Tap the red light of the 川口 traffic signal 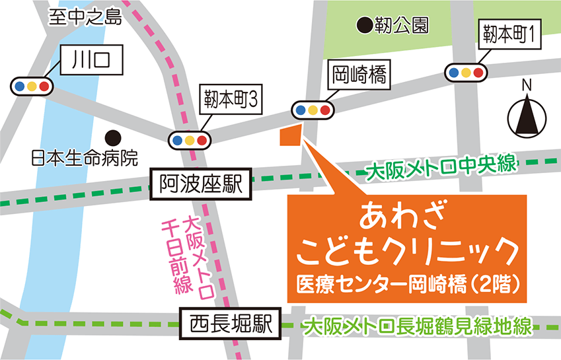pyautogui.click(x=44, y=86)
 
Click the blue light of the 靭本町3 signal pyautogui.click(x=177, y=140)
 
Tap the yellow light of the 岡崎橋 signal pyautogui.click(x=313, y=110)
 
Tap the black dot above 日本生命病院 pyautogui.click(x=114, y=137)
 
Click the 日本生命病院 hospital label pyautogui.click(x=84, y=159)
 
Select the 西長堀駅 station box pyautogui.click(x=231, y=324)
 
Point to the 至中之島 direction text pyautogui.click(x=85, y=17)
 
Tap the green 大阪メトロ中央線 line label pyautogui.click(x=441, y=167)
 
